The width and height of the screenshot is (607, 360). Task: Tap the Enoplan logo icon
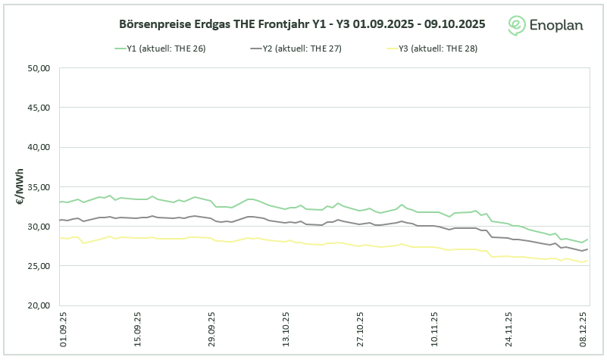click(x=518, y=25)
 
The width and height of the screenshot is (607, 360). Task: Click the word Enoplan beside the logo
click(x=557, y=25)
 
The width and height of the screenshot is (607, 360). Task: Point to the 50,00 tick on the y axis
click(x=38, y=68)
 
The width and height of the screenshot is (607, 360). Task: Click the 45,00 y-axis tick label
click(x=38, y=108)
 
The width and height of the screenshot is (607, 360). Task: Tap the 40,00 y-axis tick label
click(x=38, y=147)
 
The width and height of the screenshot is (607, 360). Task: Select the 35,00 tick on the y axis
click(x=38, y=186)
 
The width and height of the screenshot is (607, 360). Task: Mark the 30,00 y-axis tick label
click(x=38, y=227)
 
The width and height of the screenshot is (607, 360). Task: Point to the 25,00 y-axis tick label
click(x=38, y=266)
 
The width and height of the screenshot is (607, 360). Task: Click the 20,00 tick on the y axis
click(x=38, y=305)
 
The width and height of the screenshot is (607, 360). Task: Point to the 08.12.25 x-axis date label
click(x=584, y=328)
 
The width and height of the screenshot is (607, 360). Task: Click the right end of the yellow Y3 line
click(x=588, y=261)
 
